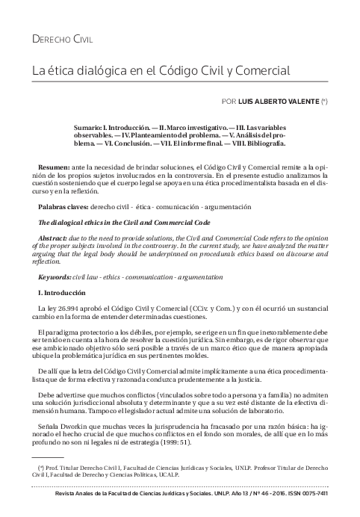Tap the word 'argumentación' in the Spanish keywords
[x=226, y=205]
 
